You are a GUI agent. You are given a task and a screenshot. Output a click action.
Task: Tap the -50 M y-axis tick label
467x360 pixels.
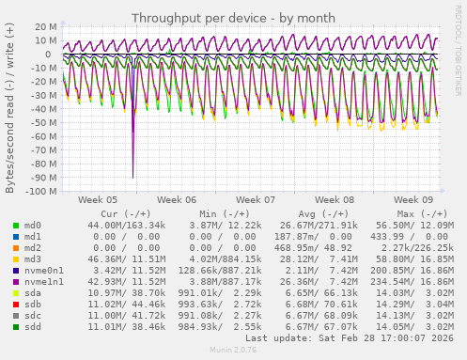tap(42, 122)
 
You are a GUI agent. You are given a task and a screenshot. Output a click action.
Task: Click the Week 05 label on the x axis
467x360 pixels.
tap(98, 200)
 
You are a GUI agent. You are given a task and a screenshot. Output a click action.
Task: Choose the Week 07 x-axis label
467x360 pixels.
tap(256, 200)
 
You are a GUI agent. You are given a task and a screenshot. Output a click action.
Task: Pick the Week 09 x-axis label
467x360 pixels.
tap(413, 200)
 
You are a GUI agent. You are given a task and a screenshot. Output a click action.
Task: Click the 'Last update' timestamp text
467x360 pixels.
tap(350, 337)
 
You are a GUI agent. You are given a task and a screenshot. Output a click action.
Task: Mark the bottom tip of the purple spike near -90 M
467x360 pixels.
tap(132, 177)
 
